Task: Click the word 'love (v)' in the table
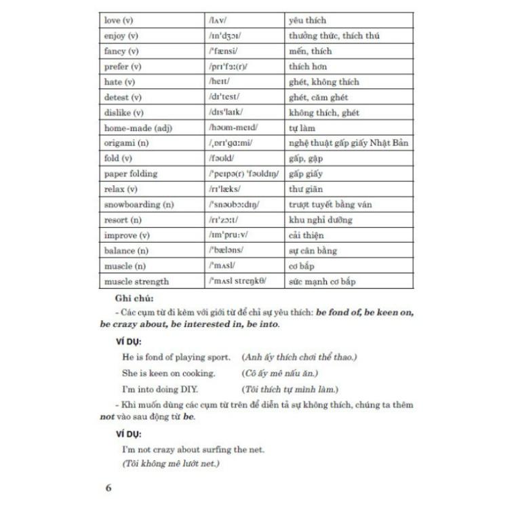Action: [119, 21]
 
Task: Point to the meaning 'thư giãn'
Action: [306, 189]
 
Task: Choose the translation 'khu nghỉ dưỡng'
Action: [321, 220]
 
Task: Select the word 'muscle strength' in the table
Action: [136, 281]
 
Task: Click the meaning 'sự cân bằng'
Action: [313, 250]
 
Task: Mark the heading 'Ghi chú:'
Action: [134, 298]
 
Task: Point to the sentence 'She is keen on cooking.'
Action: [169, 373]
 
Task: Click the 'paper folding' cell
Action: [131, 174]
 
